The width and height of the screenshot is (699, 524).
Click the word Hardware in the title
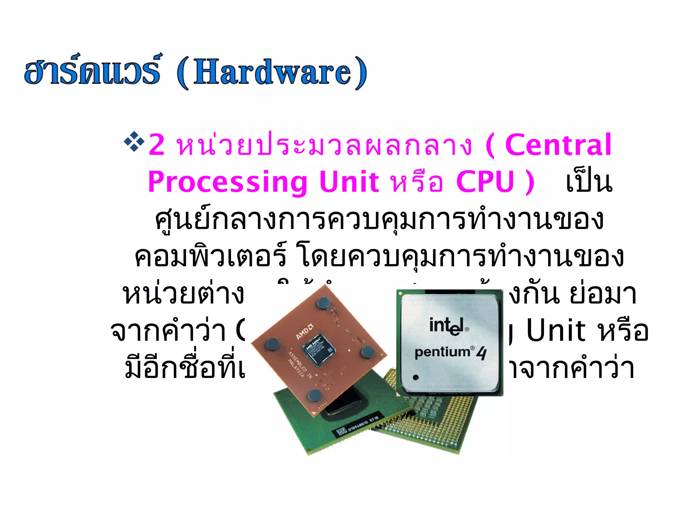(x=272, y=72)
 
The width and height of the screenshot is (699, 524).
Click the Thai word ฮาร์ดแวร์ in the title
(x=92, y=71)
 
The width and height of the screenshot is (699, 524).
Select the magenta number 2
(x=157, y=145)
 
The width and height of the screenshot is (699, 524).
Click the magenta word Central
(x=558, y=145)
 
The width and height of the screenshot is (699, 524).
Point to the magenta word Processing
(x=228, y=182)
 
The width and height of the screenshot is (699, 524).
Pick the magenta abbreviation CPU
(x=485, y=182)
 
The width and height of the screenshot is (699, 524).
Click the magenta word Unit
(x=349, y=182)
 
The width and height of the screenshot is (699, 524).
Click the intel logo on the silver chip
(x=447, y=326)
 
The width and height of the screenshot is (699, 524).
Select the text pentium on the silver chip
(x=442, y=352)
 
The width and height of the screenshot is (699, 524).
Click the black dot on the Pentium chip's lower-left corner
(x=416, y=377)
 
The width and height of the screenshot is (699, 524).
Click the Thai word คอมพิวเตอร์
(x=210, y=257)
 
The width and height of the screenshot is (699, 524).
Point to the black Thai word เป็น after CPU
(x=589, y=183)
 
